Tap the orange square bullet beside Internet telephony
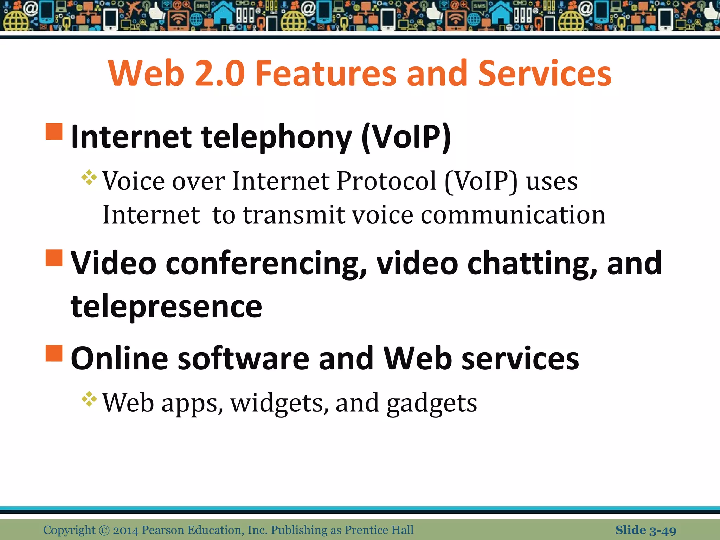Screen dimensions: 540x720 click(x=54, y=131)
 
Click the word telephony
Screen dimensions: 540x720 click(x=276, y=137)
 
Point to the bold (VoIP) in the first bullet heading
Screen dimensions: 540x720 click(x=406, y=137)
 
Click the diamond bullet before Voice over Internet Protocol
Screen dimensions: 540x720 click(x=89, y=178)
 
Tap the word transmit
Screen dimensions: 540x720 click(x=294, y=215)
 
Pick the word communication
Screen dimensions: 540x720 click(x=513, y=215)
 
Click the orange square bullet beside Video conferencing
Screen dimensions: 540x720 click(x=54, y=258)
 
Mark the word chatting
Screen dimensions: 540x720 click(x=532, y=264)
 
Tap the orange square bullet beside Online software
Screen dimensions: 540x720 click(x=54, y=353)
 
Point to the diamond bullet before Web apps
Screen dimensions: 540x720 click(x=89, y=399)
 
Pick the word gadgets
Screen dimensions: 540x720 click(x=432, y=403)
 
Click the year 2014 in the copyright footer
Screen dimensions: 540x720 click(x=126, y=530)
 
